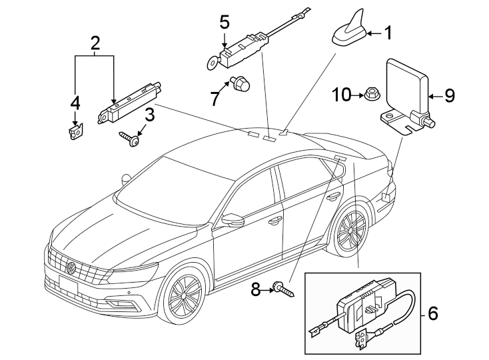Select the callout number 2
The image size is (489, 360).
tap(95, 44)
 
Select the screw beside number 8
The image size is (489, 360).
tap(449, 96)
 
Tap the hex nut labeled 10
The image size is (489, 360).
tap(71, 269)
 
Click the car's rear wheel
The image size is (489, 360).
tap(233, 219)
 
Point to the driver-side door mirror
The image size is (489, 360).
tap(273, 221)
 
